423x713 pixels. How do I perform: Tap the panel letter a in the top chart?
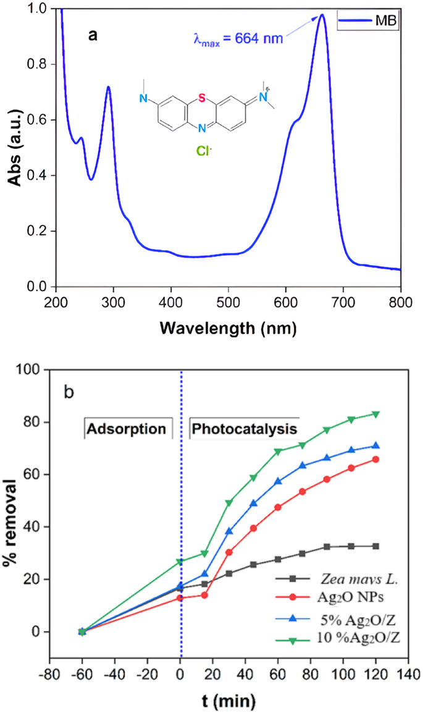(x=93, y=35)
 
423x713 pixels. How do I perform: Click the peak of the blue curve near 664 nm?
(x=322, y=15)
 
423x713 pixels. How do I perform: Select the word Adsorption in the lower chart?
(x=128, y=428)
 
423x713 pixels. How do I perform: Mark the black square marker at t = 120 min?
(x=392, y=546)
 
